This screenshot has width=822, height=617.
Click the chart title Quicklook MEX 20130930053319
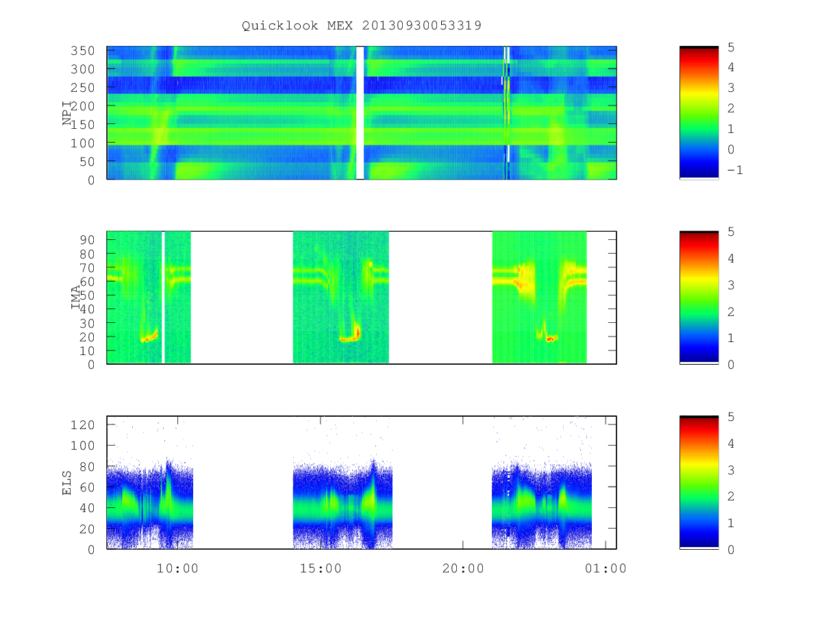coord(362,25)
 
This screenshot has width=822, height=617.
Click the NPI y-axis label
coord(67,112)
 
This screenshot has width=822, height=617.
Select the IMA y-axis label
coord(75,297)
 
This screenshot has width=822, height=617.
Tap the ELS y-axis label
coord(66,483)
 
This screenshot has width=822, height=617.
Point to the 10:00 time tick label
coord(177,568)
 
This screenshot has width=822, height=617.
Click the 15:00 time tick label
coord(321,568)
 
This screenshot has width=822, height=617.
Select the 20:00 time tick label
coord(463,568)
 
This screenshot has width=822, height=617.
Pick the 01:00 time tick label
coord(606,568)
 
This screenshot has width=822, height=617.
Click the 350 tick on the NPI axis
coord(82,51)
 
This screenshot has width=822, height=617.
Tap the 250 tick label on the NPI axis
coord(82,88)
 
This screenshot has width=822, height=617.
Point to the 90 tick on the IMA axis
coord(87,240)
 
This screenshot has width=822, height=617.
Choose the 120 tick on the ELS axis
coord(82,425)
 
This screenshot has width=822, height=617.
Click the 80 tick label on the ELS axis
coord(87,467)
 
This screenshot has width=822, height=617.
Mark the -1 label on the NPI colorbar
coord(735,170)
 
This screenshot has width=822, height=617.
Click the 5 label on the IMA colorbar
coord(731,232)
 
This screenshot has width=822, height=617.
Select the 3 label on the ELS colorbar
coord(731,470)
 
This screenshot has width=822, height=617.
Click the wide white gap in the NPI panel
coord(360,112)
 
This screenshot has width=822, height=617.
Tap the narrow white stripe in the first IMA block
coord(163,298)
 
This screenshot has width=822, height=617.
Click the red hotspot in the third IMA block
coord(551,339)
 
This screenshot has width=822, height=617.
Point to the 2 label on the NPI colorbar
coord(731,108)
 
